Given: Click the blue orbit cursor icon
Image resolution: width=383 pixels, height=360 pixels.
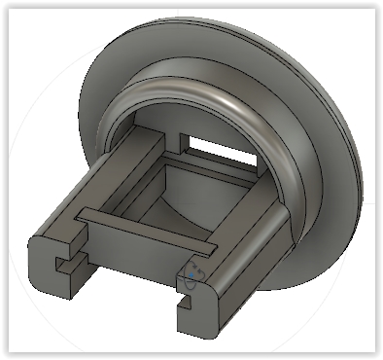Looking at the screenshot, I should click(193, 275).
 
